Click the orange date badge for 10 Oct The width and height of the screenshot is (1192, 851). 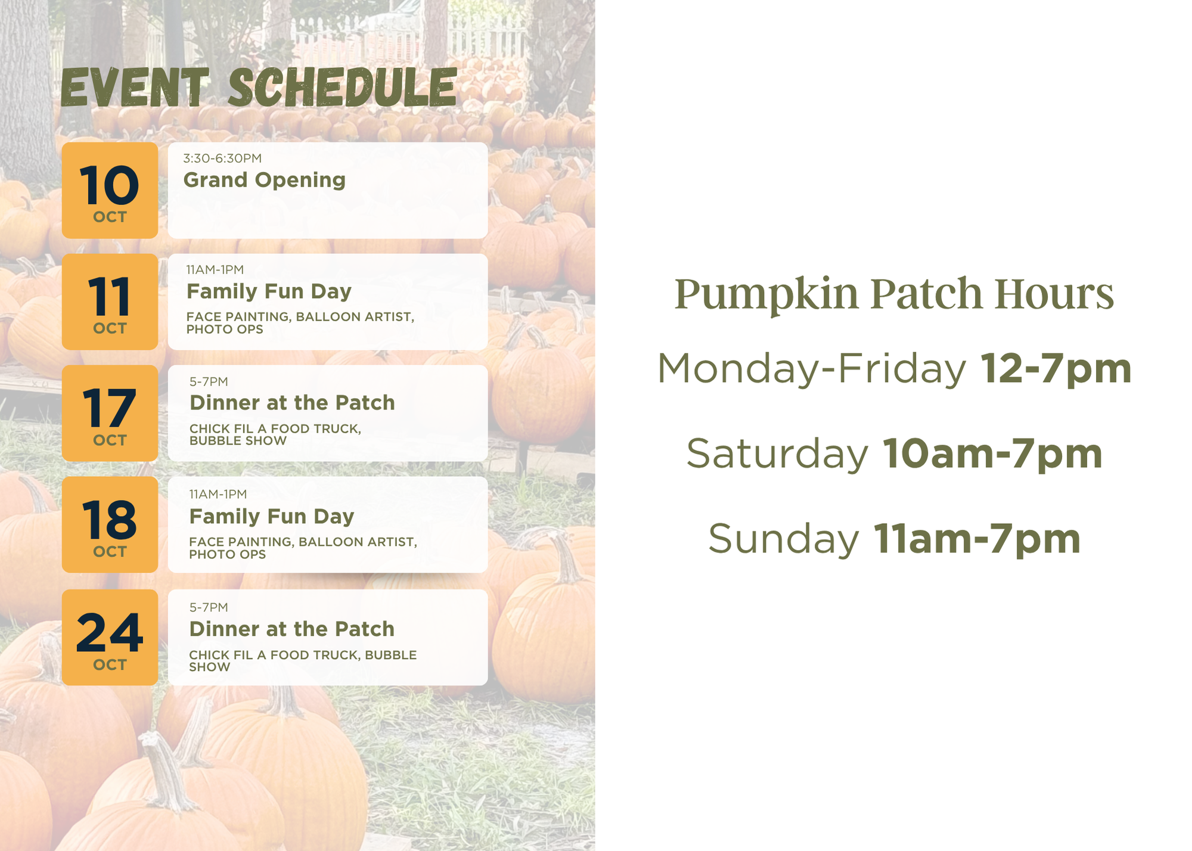pos(110,190)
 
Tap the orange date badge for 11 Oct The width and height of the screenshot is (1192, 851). pos(110,302)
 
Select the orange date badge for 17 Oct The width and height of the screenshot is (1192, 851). pos(110,413)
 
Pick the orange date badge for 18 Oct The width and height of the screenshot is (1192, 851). pos(110,524)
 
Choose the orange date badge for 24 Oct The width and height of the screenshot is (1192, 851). pos(110,637)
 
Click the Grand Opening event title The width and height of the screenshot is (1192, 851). pos(265,180)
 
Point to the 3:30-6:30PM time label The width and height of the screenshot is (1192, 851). pos(222,158)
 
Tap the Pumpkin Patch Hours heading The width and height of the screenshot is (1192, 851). pos(894,293)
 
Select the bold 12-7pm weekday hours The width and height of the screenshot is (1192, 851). pos(1056,368)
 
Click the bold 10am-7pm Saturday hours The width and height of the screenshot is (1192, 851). pos(992,454)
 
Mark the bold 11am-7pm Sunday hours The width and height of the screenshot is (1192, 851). pos(977,539)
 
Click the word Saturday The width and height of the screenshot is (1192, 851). pos(777,454)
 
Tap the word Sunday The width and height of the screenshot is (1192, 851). pos(783,539)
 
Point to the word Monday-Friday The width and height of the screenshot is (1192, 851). pos(811,368)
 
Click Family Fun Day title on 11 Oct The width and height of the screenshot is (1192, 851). pos(269,291)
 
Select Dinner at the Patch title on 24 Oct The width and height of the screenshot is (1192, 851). pos(292,629)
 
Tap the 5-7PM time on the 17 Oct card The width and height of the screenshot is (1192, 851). pos(209,381)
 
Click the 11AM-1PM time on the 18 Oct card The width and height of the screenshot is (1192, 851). pos(218,494)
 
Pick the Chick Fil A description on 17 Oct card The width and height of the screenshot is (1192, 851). pos(275,434)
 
